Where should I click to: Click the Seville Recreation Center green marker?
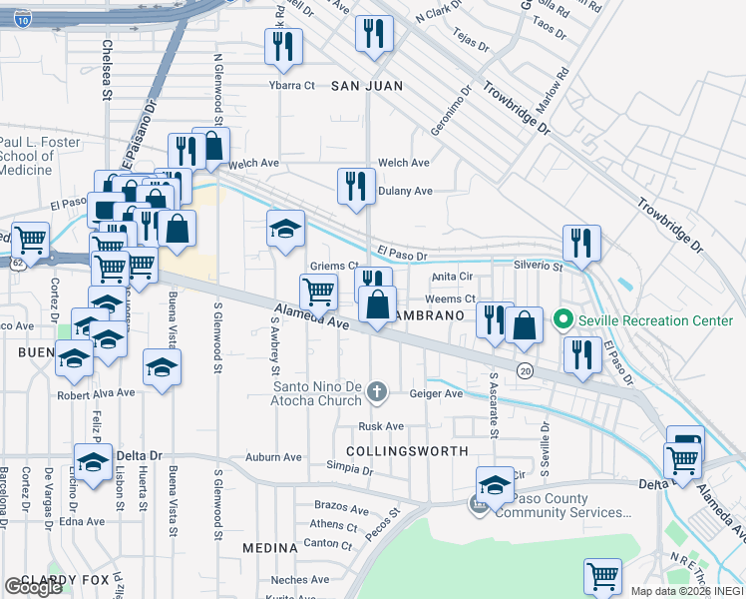[x=562, y=320]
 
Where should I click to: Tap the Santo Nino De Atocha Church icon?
[x=377, y=390]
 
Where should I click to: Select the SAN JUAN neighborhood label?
[x=367, y=86]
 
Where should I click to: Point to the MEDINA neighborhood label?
[x=270, y=548]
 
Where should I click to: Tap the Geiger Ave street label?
[x=439, y=394]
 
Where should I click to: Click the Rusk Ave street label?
[x=381, y=426]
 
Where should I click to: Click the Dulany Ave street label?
[x=405, y=191]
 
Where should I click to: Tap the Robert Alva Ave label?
[x=96, y=393]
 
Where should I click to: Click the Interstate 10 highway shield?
[x=23, y=18]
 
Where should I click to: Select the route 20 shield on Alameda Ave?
[x=525, y=371]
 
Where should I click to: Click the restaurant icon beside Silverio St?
[x=581, y=243]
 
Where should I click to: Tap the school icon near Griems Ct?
[x=285, y=229]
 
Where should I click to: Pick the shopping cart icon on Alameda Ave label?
[x=318, y=292]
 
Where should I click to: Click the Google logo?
[x=33, y=587]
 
